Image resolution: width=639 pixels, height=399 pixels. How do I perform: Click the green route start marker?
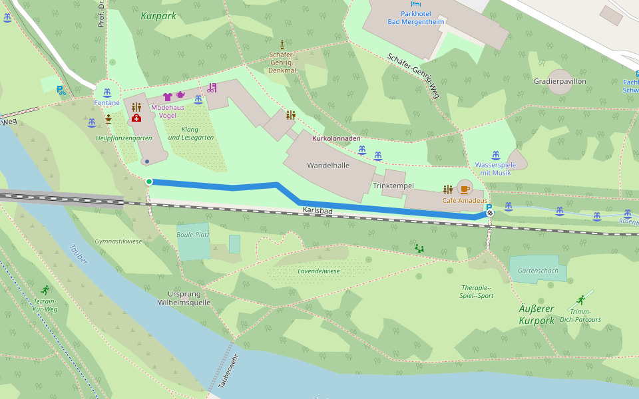[x=149, y=181]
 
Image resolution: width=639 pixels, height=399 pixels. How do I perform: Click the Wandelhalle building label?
[x=328, y=165]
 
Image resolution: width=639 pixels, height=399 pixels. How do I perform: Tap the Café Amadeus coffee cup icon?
[x=465, y=189]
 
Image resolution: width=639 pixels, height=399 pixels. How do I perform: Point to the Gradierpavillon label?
[x=560, y=81]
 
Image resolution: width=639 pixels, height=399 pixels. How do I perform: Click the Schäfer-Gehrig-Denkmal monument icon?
[x=283, y=45]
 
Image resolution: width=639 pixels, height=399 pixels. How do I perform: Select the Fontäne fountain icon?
[x=107, y=92]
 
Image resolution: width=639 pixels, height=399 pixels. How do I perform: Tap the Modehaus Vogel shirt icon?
[x=168, y=96]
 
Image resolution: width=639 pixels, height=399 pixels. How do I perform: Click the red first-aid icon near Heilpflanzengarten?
[x=136, y=118]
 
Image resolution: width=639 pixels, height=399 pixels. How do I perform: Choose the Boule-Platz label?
[x=193, y=235]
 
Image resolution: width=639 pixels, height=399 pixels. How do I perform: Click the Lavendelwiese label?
[x=318, y=271]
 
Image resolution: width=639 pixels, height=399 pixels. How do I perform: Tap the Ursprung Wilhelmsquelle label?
[x=189, y=298]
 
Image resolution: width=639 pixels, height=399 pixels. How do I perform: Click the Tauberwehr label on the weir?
[x=228, y=372]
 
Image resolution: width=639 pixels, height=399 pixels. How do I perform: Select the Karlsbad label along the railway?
[x=318, y=210]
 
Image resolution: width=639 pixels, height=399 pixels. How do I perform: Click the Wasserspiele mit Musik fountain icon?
[x=495, y=155]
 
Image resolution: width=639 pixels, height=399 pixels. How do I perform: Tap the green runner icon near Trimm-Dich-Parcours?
[x=581, y=299]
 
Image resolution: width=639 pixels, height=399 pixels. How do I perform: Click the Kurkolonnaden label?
[x=336, y=138]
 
